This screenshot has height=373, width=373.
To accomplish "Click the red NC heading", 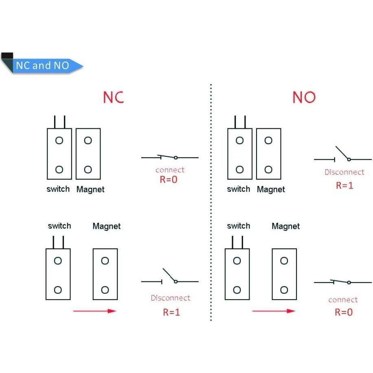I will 113,97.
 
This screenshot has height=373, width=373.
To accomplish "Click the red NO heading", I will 304,97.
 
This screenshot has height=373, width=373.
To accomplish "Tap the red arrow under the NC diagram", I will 94,311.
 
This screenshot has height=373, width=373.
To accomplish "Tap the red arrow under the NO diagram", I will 273,311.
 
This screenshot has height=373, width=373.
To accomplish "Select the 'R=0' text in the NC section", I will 169,179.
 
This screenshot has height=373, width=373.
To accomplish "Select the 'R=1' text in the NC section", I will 171,312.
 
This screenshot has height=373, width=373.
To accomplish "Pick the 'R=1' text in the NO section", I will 344,185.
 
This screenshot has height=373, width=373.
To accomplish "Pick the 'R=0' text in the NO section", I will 344,312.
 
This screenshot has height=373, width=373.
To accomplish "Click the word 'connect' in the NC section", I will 170,170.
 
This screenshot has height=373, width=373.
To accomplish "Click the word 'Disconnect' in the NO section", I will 344,172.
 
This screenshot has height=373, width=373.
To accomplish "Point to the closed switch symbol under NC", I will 169,157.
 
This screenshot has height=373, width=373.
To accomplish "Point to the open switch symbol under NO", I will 342,155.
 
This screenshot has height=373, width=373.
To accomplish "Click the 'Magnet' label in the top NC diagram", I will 90,189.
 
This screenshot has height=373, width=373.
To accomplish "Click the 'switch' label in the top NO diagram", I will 238,189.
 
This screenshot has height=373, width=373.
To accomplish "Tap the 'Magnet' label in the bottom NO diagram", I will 285,226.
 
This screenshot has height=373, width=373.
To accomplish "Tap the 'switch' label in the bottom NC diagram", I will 59,226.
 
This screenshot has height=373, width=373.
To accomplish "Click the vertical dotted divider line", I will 211,204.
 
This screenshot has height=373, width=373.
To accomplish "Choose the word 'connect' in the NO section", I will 343,300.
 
